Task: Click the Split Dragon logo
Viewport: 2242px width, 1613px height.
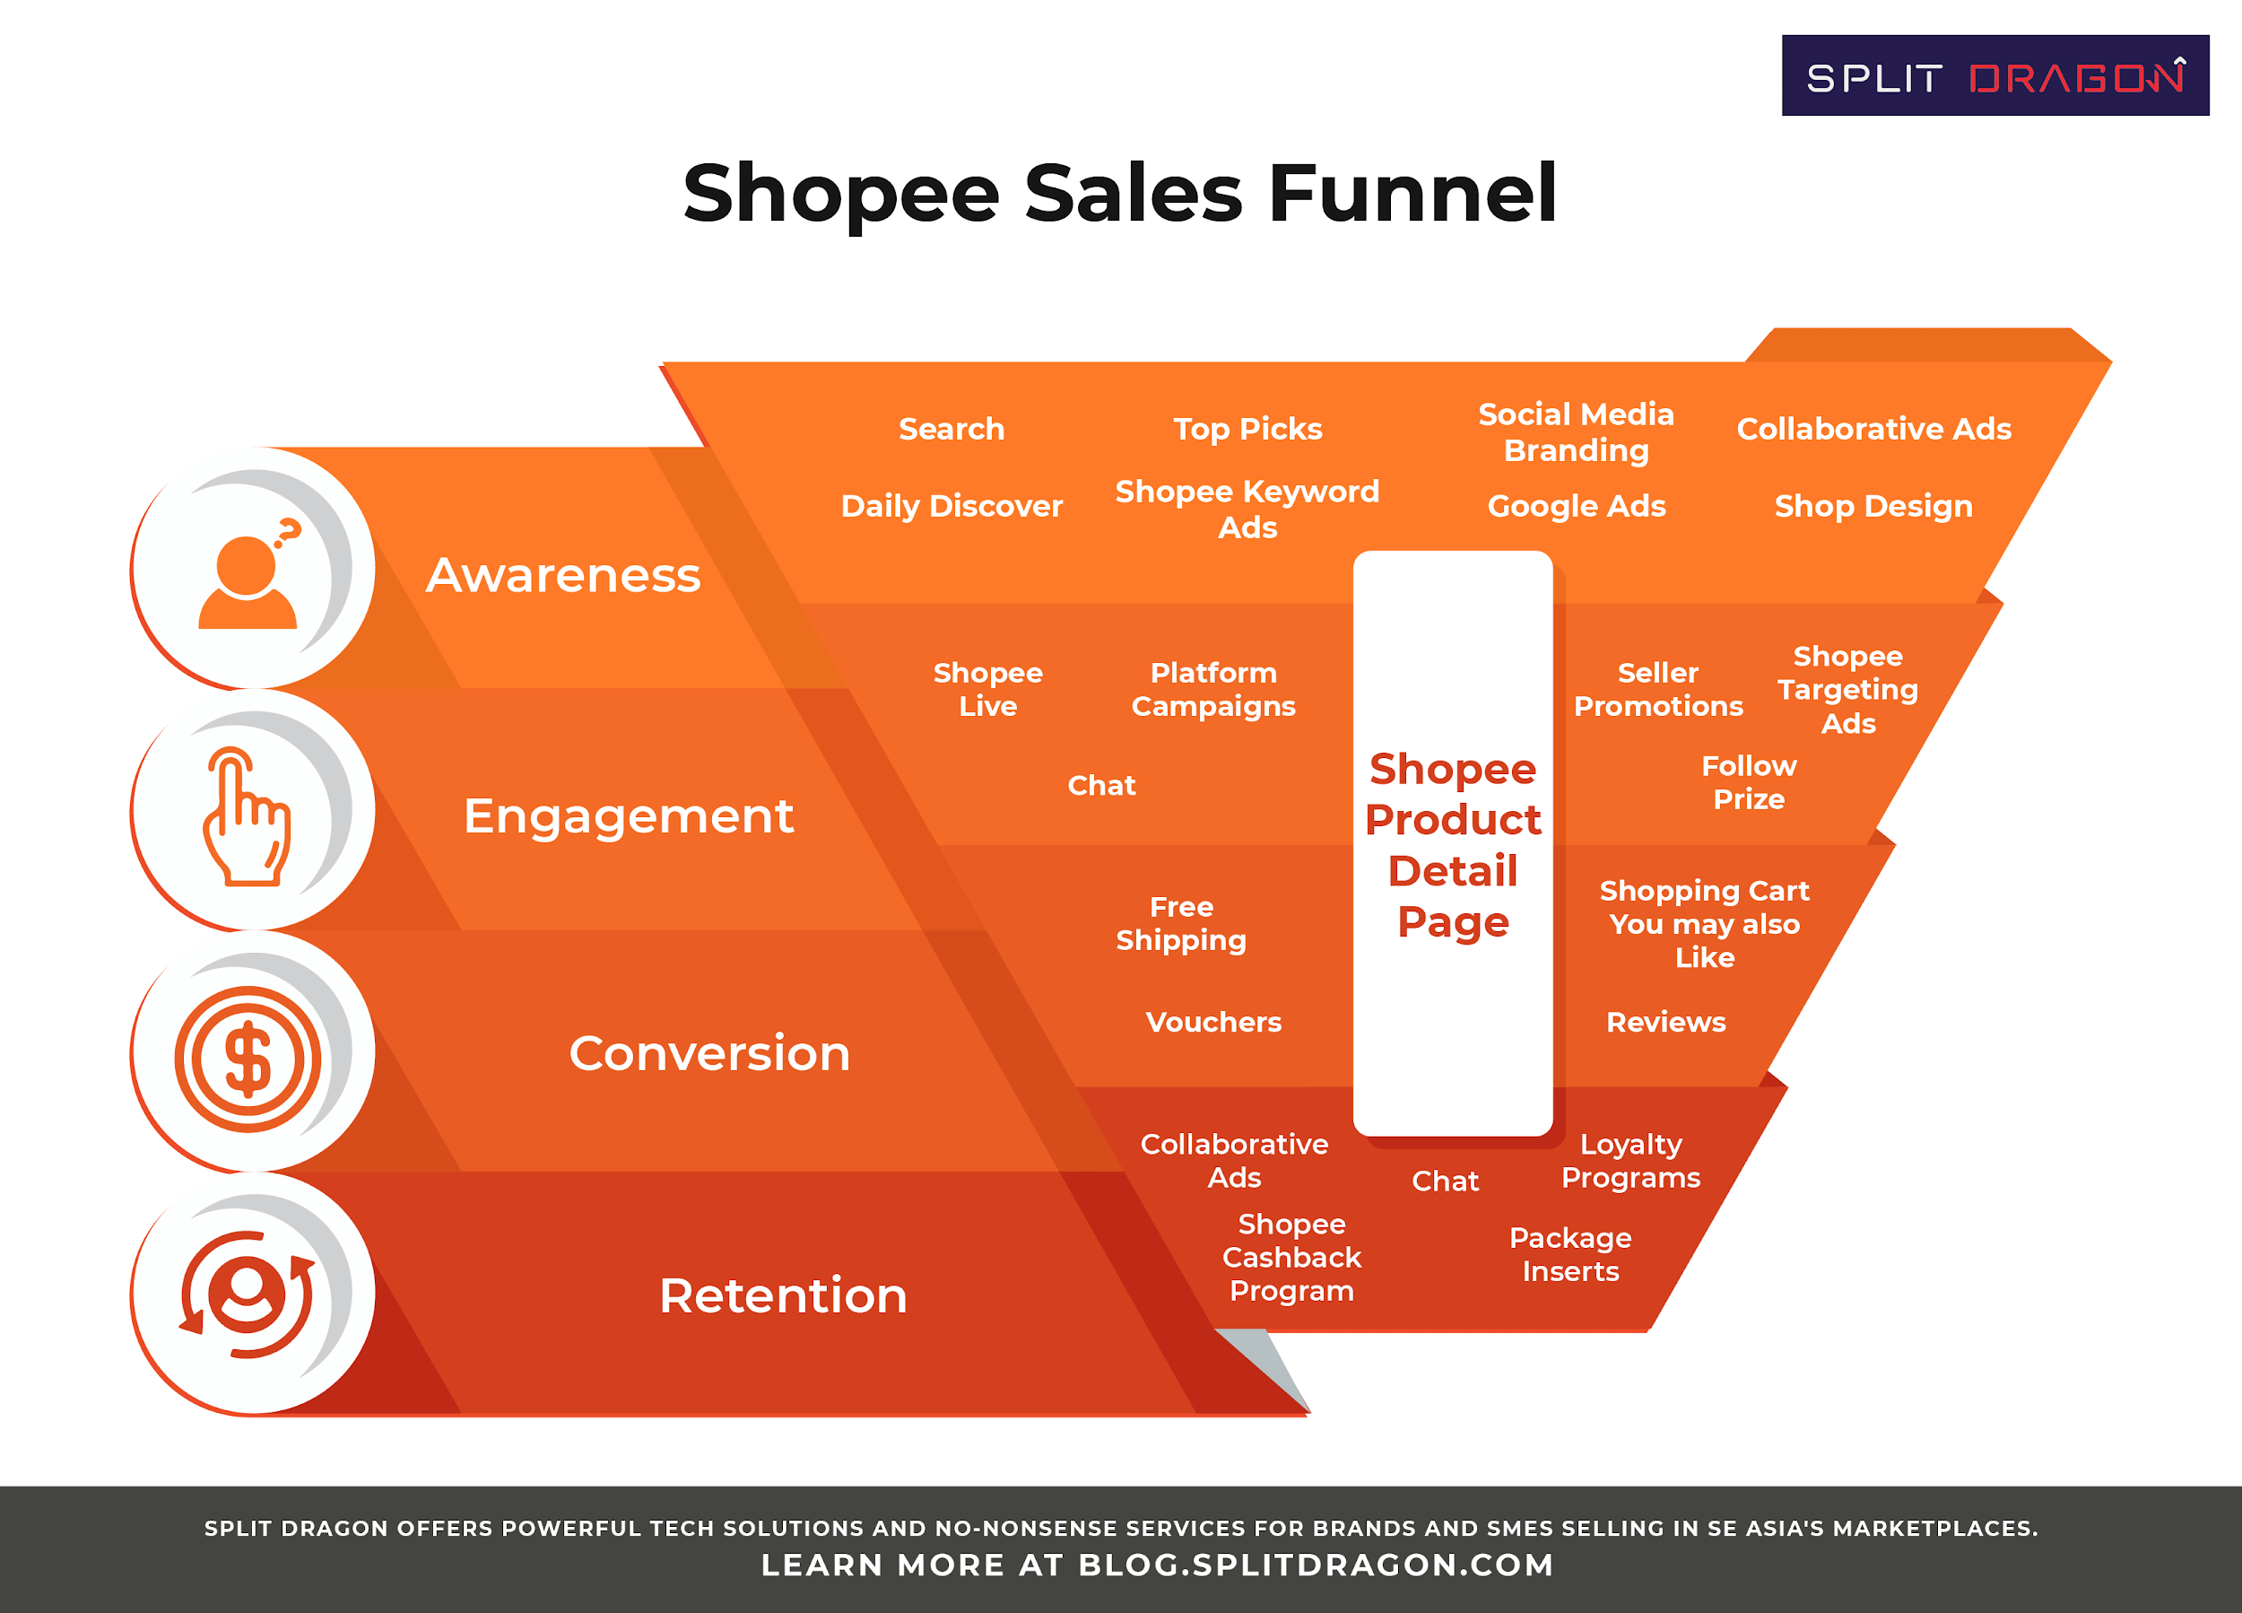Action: pos(1994,76)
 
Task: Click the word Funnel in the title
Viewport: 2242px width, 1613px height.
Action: pos(1412,193)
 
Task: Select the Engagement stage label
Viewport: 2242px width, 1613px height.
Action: pos(629,818)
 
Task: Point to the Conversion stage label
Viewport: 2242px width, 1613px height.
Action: pos(709,1053)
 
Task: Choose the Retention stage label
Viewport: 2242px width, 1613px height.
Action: pos(783,1295)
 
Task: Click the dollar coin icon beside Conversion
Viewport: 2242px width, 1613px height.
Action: pos(248,1059)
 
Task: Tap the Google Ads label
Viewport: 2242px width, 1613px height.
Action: pos(1577,506)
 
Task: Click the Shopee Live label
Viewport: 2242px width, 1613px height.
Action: pos(987,689)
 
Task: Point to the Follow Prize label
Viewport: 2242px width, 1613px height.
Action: pos(1749,782)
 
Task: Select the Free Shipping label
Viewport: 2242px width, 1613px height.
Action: pos(1181,924)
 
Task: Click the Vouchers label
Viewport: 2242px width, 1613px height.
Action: pos(1213,1022)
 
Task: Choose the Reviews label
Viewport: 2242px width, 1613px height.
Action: pos(1665,1022)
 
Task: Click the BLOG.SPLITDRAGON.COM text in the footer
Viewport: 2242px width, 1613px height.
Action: pos(1316,1565)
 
